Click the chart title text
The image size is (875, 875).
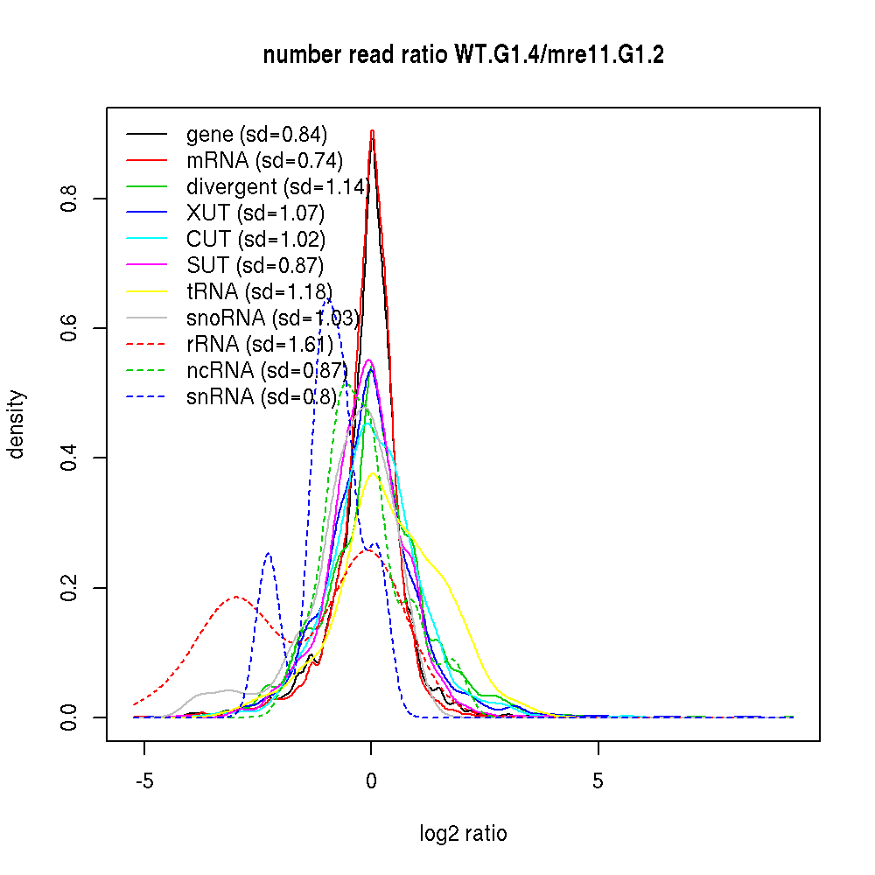point(464,55)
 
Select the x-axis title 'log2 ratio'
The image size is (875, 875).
point(464,834)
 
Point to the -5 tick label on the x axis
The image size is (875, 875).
point(144,781)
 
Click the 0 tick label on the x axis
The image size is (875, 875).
point(372,781)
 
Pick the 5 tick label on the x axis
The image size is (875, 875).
point(598,781)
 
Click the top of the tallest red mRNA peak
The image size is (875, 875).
point(373,131)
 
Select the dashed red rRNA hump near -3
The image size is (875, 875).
point(236,598)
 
